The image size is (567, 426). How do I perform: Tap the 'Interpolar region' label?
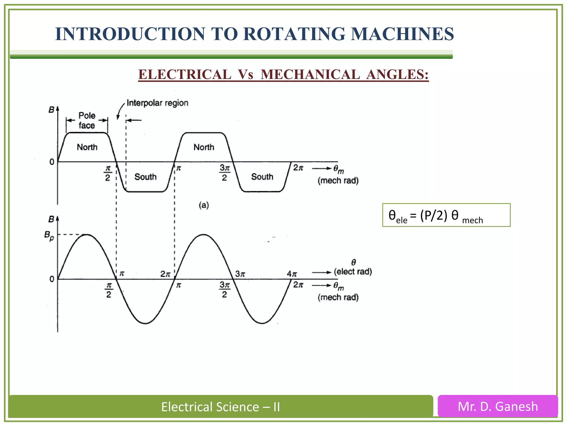(x=157, y=103)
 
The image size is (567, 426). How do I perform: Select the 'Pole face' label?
(x=87, y=120)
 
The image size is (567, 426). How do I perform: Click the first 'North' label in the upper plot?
(x=87, y=147)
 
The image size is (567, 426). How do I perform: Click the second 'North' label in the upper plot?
(x=204, y=147)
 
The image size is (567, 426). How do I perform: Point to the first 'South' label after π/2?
(x=145, y=177)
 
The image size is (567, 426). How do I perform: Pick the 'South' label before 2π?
(x=262, y=177)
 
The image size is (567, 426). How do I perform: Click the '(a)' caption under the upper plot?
(x=204, y=205)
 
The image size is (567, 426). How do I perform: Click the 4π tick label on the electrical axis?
(x=292, y=274)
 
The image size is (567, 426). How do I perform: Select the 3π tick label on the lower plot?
(x=240, y=274)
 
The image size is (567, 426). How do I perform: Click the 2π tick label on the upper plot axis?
(x=298, y=168)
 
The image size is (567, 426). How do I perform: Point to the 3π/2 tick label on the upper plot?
(x=225, y=173)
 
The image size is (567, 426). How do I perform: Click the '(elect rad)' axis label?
(x=353, y=271)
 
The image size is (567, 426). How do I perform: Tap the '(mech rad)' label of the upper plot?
(x=338, y=181)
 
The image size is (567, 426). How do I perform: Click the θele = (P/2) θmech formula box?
(x=446, y=215)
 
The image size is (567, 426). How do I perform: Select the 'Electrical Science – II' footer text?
(x=220, y=407)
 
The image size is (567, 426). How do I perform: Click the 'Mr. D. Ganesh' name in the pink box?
(x=498, y=407)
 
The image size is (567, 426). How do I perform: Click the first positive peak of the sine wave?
(x=87, y=235)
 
